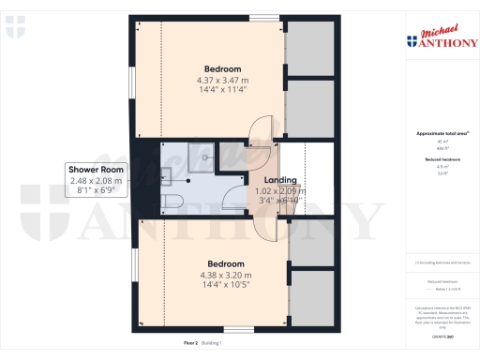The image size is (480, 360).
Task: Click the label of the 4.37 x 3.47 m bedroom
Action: [223, 68]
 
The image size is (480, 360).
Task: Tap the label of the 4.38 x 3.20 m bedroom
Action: [226, 263]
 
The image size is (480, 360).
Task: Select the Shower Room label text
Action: [96, 169]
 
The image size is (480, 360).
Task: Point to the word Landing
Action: [280, 180]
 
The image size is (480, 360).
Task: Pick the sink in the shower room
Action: [164, 172]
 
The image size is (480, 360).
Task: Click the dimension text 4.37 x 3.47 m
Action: [223, 81]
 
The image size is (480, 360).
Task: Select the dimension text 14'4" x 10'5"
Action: [226, 286]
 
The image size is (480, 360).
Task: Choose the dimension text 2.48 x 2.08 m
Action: [96, 180]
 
